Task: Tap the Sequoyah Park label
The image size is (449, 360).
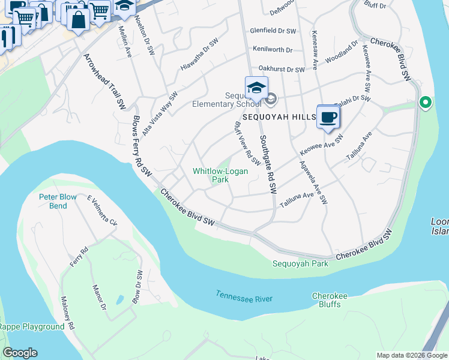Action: click(292, 263)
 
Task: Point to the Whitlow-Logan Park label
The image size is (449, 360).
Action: click(220, 175)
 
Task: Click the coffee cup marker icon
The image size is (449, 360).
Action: click(328, 117)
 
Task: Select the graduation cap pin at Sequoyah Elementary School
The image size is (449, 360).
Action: click(256, 88)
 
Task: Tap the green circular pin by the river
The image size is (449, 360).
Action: click(426, 103)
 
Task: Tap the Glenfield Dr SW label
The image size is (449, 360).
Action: click(273, 30)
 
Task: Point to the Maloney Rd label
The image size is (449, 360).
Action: click(67, 313)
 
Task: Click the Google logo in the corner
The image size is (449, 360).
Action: click(20, 352)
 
